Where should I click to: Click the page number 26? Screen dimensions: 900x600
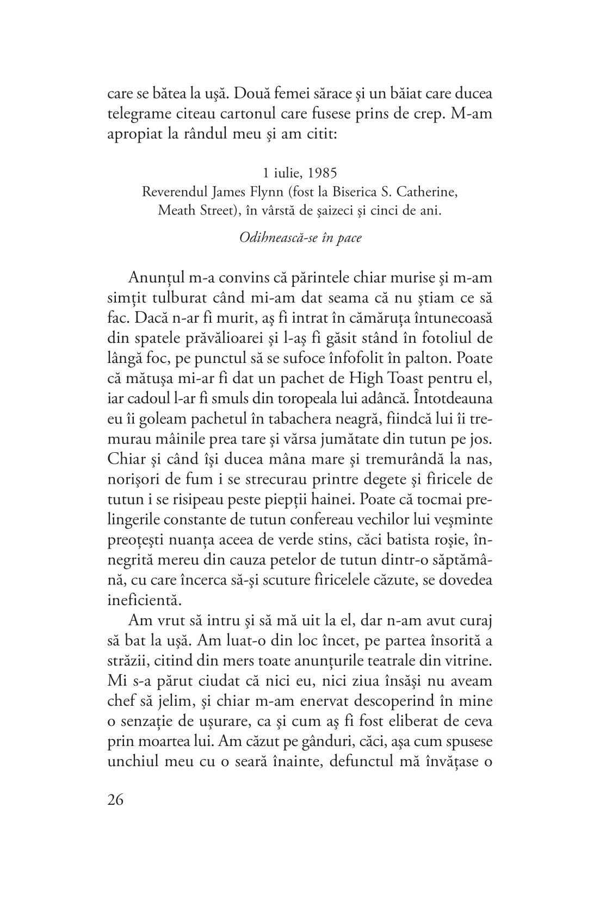(x=115, y=800)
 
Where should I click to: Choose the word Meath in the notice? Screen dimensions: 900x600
(x=175, y=211)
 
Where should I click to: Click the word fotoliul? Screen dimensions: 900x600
(x=440, y=337)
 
